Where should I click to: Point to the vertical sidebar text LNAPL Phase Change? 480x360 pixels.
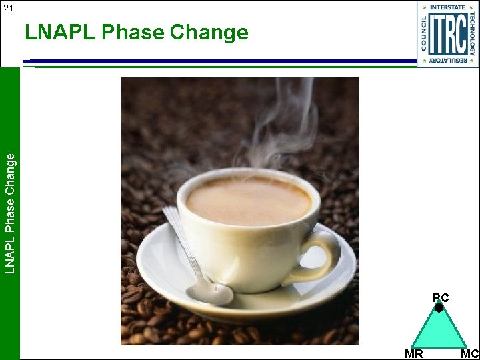(x=10, y=212)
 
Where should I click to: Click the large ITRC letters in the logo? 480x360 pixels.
(x=447, y=34)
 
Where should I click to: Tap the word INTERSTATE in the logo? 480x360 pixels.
(x=448, y=7)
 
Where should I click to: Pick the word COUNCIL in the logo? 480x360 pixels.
(x=424, y=34)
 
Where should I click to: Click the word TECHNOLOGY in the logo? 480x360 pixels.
(x=472, y=34)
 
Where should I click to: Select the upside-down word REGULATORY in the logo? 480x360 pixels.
(x=448, y=61)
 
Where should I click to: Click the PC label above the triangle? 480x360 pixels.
(x=440, y=297)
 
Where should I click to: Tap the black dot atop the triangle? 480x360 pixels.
(x=439, y=308)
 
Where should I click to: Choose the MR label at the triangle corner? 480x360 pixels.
(x=413, y=354)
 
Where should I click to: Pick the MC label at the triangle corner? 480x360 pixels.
(x=469, y=354)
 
